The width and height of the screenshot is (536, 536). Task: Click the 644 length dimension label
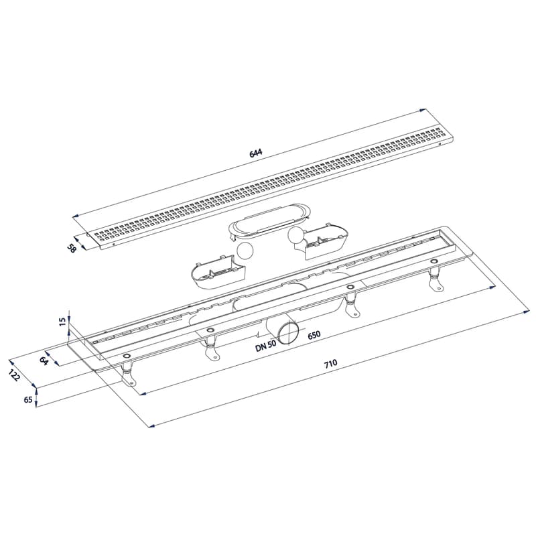[x=256, y=153]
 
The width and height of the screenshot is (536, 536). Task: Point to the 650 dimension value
[x=314, y=334]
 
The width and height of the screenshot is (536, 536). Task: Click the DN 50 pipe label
[x=265, y=346]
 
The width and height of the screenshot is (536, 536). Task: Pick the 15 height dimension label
[x=62, y=322]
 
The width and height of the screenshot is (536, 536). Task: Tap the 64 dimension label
[x=44, y=360]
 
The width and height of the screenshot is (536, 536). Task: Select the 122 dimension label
[x=15, y=375]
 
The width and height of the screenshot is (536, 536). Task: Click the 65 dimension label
[x=29, y=399]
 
